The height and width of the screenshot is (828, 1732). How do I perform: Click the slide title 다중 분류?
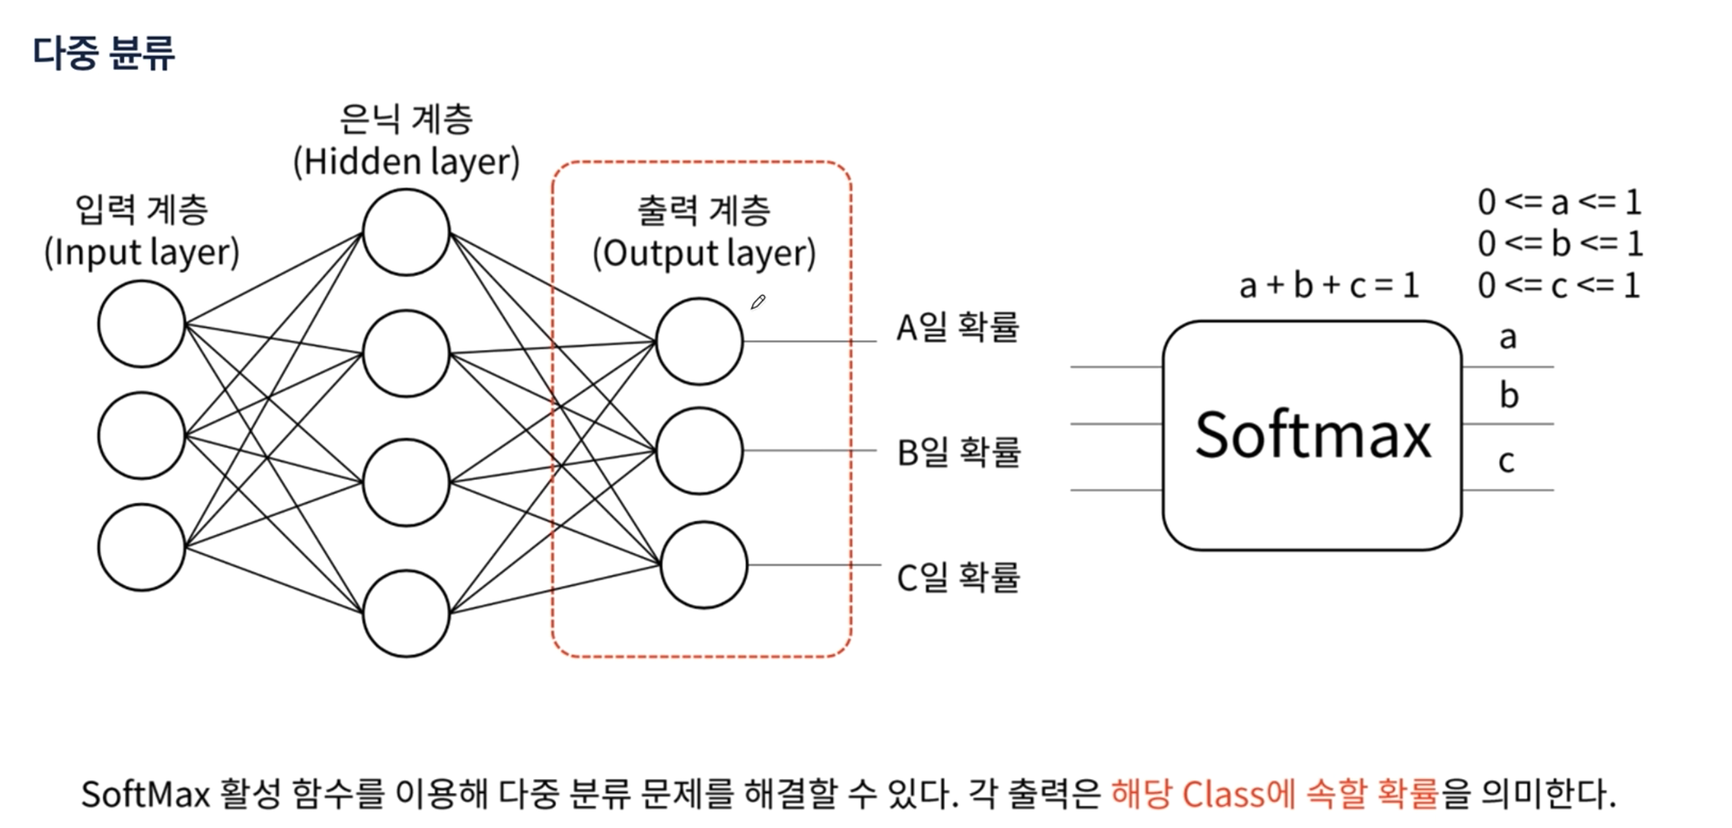pos(104,52)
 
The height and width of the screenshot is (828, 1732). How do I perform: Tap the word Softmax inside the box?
pos(1312,435)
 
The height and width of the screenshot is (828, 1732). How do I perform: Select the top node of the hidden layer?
pos(406,232)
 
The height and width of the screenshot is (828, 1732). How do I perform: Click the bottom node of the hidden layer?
pos(406,613)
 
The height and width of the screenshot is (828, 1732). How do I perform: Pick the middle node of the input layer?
pos(141,435)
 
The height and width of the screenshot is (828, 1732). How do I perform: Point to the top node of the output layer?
pos(700,342)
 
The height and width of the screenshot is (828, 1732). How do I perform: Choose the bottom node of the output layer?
pos(704,565)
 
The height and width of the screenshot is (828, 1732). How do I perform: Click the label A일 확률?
pos(957,328)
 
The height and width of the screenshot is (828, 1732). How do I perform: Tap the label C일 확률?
pos(958,577)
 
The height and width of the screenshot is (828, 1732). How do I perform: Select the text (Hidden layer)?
pos(407,162)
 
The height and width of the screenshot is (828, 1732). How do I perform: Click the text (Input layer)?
pos(141,252)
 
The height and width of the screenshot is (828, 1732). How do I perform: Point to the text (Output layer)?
pos(704,254)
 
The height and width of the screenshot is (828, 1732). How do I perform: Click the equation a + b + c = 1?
pos(1329,286)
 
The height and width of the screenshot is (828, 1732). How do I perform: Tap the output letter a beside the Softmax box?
pos(1508,337)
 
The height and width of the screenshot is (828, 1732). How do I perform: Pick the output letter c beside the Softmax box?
pos(1506,461)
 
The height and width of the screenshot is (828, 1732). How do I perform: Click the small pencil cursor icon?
pos(758,302)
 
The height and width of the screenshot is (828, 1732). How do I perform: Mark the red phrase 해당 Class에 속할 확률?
pos(1275,794)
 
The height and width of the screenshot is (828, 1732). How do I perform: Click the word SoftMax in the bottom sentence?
pos(145,794)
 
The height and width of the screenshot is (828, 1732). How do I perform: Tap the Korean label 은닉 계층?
pos(406,120)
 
